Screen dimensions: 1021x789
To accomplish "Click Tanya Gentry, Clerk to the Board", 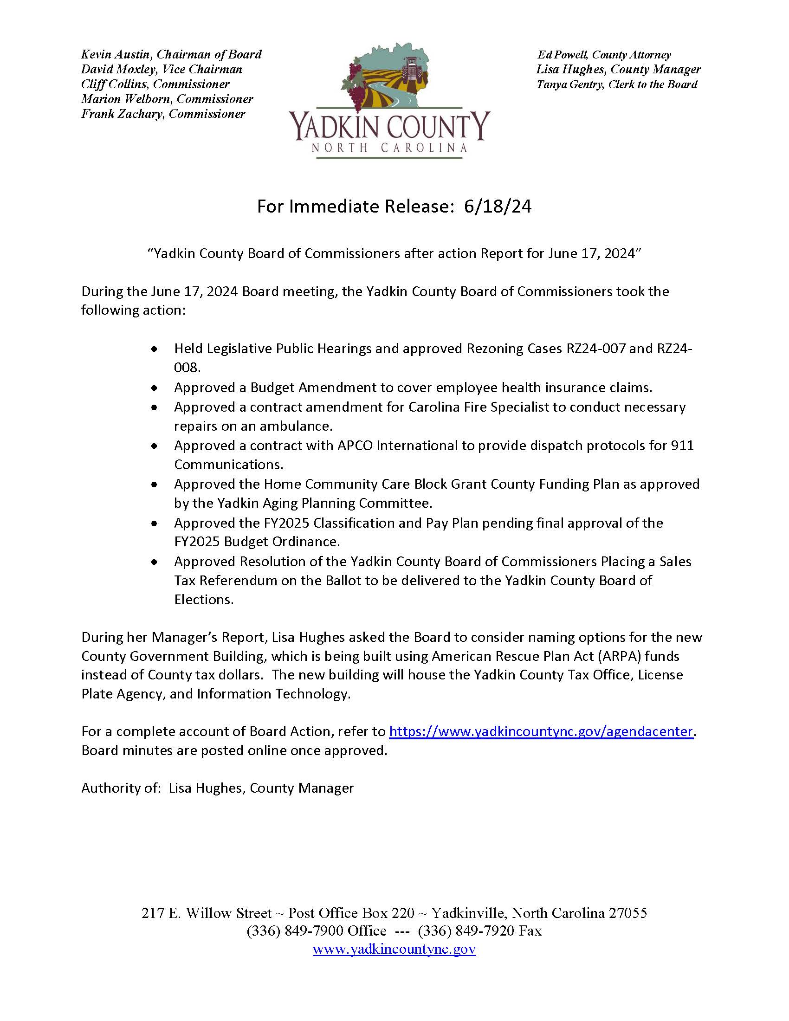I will click(616, 84).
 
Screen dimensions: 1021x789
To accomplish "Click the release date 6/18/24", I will click(498, 207).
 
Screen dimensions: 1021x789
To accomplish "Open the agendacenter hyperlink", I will click(540, 731).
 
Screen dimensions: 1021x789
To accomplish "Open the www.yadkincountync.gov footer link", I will click(394, 950).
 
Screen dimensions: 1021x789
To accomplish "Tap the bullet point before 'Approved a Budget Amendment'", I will click(154, 388).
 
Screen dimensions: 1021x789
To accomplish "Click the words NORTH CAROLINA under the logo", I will click(389, 148).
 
